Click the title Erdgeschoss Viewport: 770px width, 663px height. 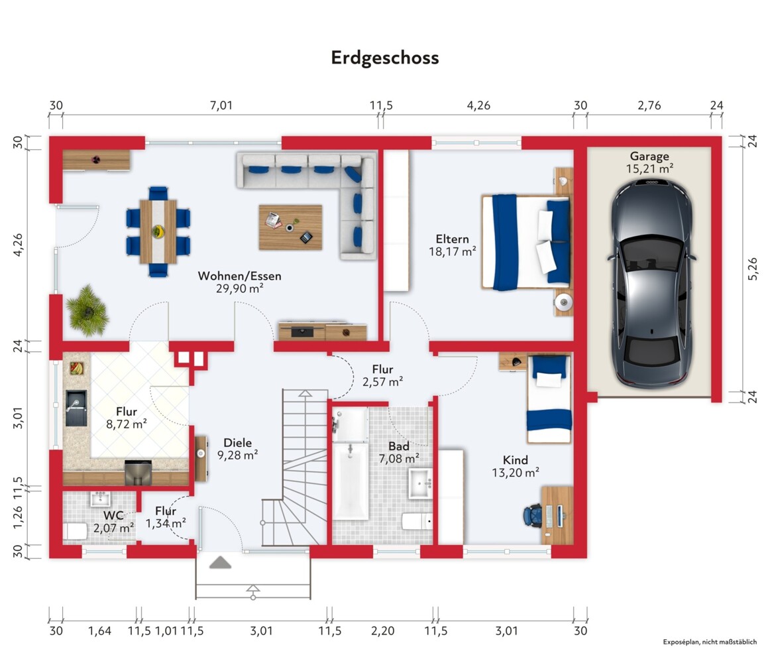pos(385,58)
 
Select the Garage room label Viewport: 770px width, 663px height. pos(649,156)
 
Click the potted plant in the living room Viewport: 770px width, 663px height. pos(87,310)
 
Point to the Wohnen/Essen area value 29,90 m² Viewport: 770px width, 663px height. pos(240,288)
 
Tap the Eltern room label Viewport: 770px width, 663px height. pos(453,239)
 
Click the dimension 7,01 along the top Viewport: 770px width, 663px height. pos(221,105)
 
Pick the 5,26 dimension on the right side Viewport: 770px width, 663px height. pos(752,269)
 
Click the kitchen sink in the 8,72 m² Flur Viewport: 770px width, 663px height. pos(76,408)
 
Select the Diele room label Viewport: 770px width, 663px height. pos(237,443)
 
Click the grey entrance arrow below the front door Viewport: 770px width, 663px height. pos(220,562)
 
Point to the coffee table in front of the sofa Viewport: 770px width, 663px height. pos(291,227)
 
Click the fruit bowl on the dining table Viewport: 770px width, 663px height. pos(158,231)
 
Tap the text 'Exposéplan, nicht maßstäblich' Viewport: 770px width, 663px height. pos(710,642)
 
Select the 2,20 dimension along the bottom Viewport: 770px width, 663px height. pos(382,631)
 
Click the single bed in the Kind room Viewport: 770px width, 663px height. pos(549,398)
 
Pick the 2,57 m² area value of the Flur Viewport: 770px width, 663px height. pos(383,382)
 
